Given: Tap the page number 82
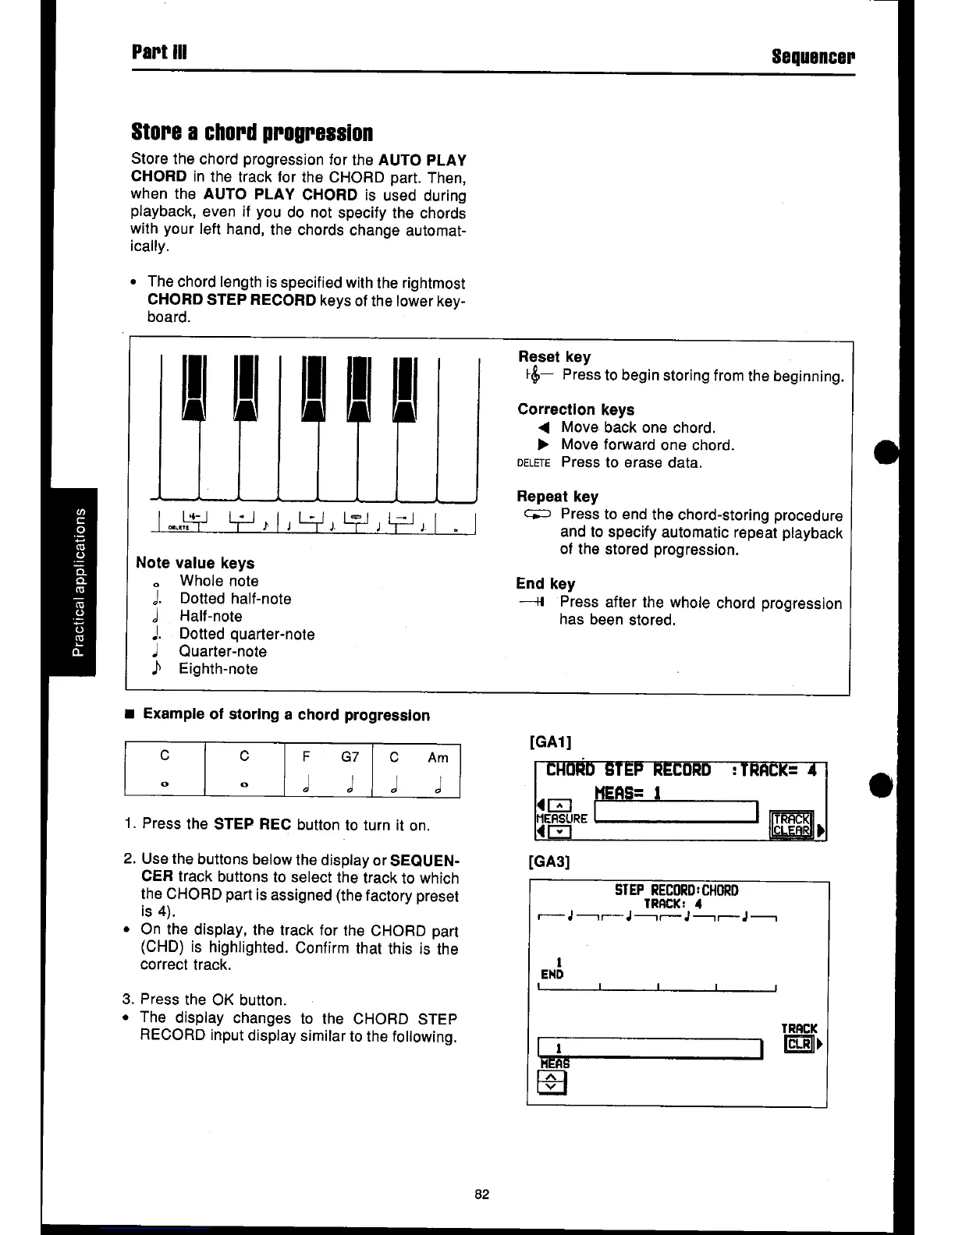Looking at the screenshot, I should pos(481,1194).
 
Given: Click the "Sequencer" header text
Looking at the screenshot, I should pos(812,56).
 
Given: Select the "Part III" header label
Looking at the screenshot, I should pos(159,52).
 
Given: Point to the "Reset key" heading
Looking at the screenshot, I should pos(554,357).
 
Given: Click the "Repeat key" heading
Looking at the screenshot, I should pos(557,497).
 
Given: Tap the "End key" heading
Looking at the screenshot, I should pos(545,584).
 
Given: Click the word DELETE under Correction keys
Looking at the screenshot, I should pos(534,462).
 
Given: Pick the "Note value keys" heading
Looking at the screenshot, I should pos(195,563).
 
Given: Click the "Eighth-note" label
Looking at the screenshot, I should pos(218,669).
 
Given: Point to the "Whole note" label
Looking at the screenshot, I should pos(218,581).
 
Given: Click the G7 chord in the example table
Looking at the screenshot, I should pos(350,757).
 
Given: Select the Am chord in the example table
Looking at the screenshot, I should pos(438,758).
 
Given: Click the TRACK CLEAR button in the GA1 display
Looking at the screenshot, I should pos(791,824).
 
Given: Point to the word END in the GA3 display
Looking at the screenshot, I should pos(552,975).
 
